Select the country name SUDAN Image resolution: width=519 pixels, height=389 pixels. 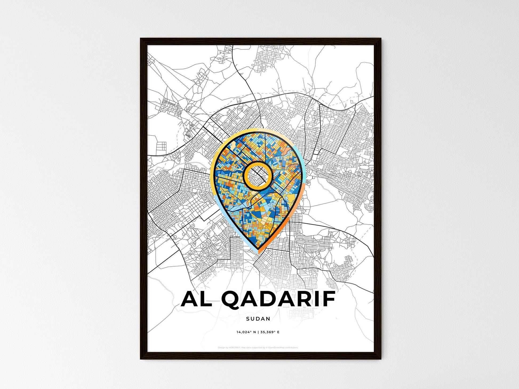(x=258, y=319)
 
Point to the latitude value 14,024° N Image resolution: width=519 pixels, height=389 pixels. (x=246, y=332)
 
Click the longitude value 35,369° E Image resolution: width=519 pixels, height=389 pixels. (x=270, y=332)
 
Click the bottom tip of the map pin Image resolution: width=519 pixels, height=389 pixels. (x=258, y=253)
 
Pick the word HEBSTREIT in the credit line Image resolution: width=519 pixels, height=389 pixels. (x=235, y=348)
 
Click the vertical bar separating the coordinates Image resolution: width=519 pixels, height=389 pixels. (x=258, y=332)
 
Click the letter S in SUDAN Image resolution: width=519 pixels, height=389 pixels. (x=248, y=319)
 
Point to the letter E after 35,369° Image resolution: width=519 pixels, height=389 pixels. (x=278, y=332)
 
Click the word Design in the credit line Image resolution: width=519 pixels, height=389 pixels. (x=221, y=348)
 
